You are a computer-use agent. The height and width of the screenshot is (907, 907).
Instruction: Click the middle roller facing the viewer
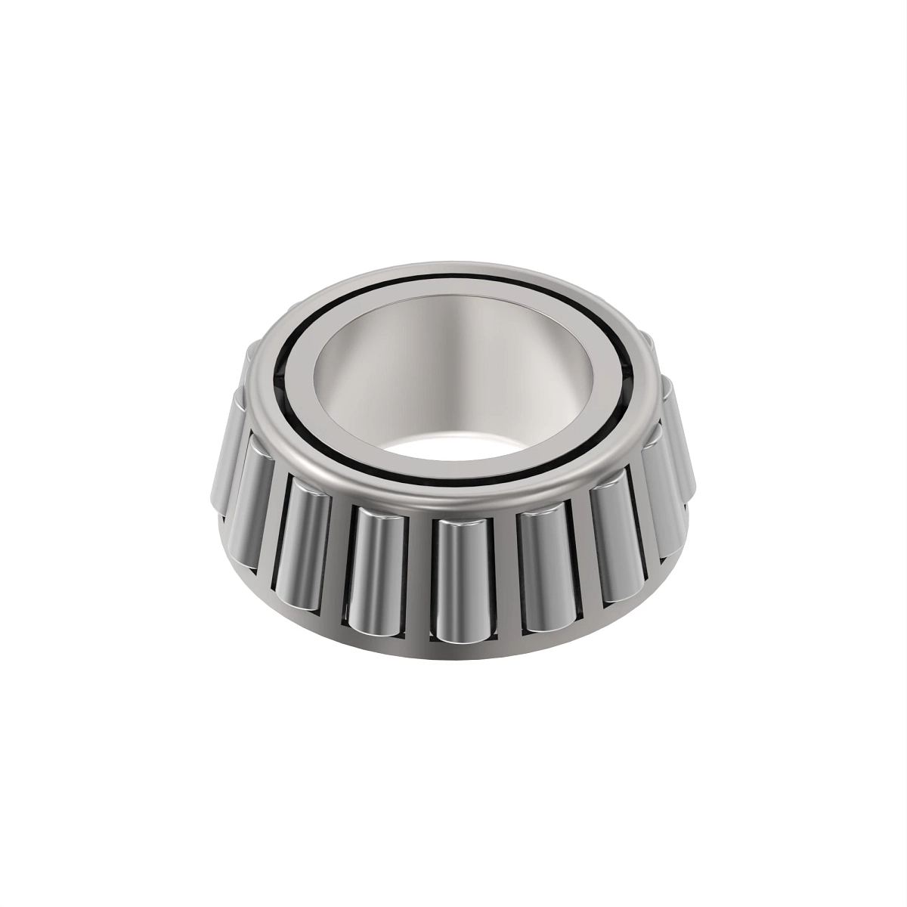[460, 578]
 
